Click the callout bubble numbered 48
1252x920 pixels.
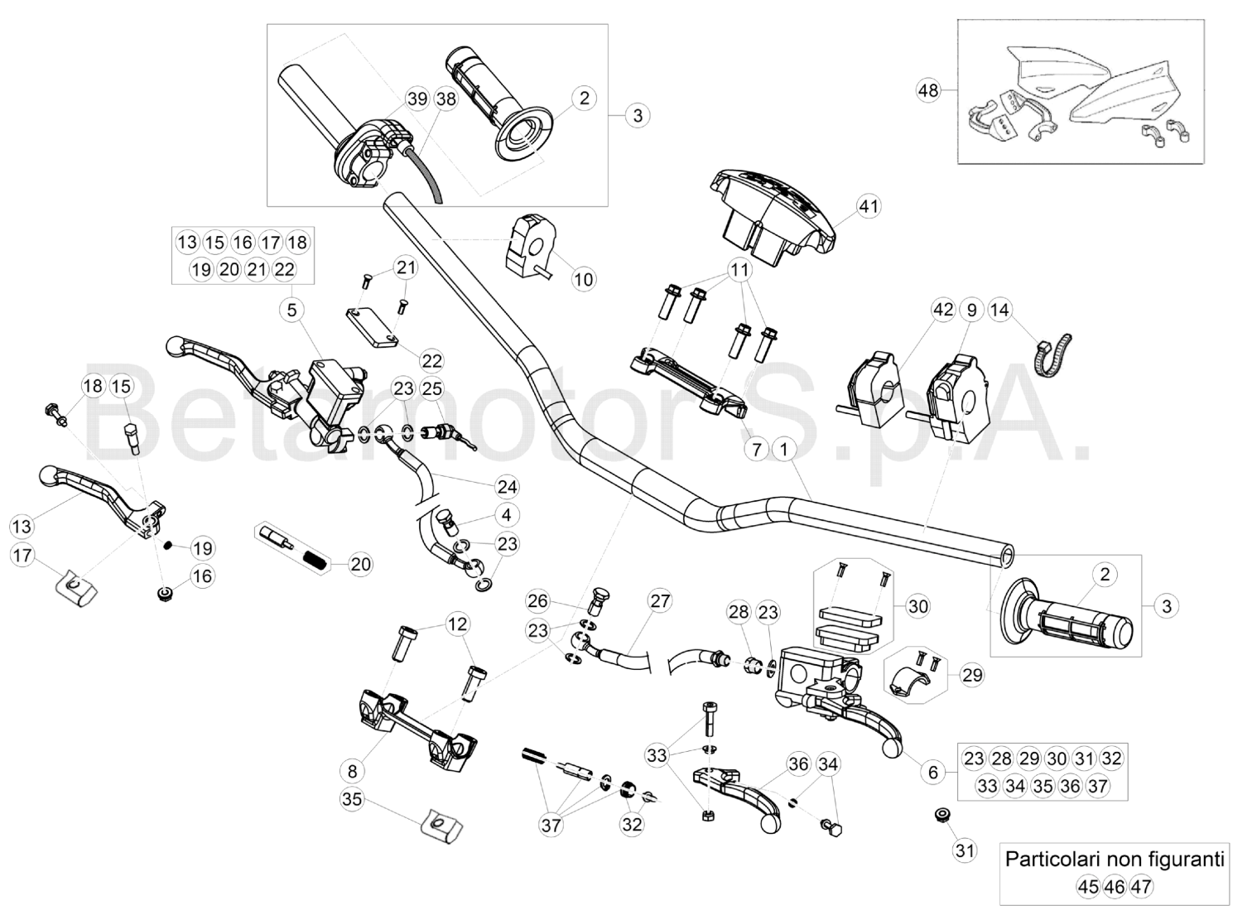929,89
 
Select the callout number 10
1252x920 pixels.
584,279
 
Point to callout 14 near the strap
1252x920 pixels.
999,311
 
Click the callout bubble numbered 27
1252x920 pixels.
659,601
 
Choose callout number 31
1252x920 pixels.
965,850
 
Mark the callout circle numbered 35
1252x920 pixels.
352,799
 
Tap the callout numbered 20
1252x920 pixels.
360,565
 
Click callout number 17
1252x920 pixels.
23,555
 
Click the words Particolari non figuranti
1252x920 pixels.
1115,859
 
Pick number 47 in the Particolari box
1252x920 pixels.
1142,887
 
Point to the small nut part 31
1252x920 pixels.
941,816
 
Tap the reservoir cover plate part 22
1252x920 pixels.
370,328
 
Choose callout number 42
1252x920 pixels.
943,311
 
